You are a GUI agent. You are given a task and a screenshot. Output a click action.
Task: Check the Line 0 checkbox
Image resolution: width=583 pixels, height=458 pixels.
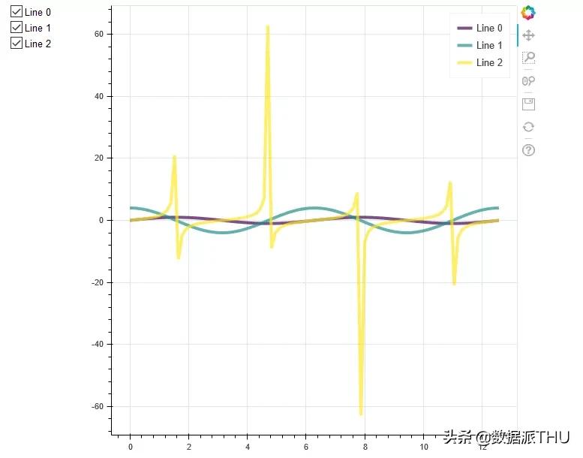(x=17, y=12)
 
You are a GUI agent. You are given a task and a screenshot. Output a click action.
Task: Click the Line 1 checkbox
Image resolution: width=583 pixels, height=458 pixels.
(x=17, y=28)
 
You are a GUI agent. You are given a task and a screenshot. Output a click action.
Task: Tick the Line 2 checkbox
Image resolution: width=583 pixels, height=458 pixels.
(x=17, y=44)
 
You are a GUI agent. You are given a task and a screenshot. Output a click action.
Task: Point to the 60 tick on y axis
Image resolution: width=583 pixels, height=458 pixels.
(x=98, y=35)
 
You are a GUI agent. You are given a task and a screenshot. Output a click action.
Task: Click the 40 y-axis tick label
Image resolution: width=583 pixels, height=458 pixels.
(x=98, y=97)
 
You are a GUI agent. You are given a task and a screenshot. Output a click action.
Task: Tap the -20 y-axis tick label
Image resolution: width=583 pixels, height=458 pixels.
(x=98, y=282)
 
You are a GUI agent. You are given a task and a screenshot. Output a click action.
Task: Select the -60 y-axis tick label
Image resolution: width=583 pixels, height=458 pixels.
(x=98, y=407)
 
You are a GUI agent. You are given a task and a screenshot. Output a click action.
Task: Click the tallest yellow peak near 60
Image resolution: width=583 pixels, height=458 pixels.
(x=268, y=27)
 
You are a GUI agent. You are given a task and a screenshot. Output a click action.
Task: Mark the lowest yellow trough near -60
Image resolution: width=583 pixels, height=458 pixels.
(x=361, y=413)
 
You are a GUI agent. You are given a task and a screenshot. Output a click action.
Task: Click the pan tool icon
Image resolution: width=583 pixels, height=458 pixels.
(x=528, y=35)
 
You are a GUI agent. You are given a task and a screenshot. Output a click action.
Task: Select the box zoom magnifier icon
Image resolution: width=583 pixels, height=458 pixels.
(x=528, y=58)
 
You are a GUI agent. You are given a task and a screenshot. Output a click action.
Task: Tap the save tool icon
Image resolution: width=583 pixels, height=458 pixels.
(x=528, y=104)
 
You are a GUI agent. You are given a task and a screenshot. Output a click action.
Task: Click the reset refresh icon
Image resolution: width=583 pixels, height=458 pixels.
(x=528, y=127)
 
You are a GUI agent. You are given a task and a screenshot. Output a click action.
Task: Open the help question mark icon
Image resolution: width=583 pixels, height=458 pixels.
(x=528, y=150)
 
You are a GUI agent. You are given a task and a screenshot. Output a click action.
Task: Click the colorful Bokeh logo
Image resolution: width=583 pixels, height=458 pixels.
(x=528, y=13)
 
